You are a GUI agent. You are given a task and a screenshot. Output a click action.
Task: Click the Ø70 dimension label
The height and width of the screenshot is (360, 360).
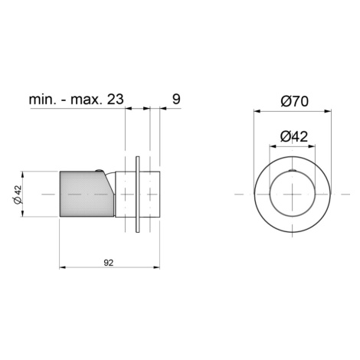coord(295,101)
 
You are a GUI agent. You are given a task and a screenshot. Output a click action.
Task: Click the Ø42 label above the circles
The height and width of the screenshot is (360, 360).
coord(294,136)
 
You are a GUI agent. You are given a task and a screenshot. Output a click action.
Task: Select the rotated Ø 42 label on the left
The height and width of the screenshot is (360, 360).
coord(18,195)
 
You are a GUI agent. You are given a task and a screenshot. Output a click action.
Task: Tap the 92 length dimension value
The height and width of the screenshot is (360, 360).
coord(109,263)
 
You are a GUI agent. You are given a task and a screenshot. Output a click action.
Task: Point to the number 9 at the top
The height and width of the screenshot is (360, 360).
coord(176,99)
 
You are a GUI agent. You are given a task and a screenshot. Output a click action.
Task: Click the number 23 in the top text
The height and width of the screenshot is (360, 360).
coord(115,99)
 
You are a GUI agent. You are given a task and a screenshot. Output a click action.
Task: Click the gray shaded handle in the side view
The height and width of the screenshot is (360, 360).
coord(86,194)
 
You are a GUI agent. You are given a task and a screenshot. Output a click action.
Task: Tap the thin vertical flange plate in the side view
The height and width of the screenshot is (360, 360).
coord(138,195)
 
